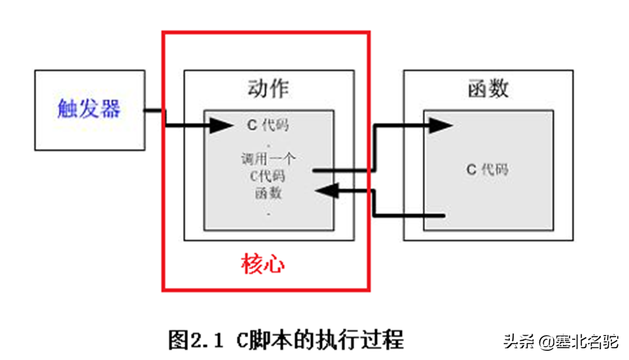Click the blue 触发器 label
click(x=89, y=109)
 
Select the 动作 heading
click(x=268, y=88)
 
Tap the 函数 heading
click(x=488, y=88)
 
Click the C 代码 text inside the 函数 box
click(x=488, y=170)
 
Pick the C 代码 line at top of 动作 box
click(x=268, y=125)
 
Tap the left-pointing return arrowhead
click(x=325, y=190)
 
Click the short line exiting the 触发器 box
click(x=154, y=110)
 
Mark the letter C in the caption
click(x=242, y=340)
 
